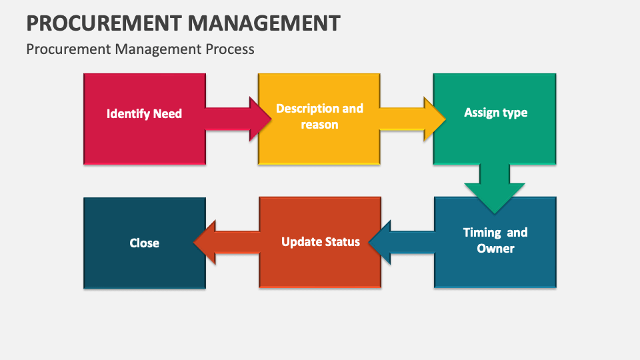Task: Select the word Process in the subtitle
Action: click(x=230, y=49)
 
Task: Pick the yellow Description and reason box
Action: click(x=319, y=143)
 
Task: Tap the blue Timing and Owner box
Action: click(x=495, y=267)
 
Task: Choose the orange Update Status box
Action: click(x=320, y=267)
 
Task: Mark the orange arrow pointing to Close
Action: click(x=227, y=241)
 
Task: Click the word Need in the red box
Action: click(x=167, y=114)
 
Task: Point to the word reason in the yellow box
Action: click(x=319, y=125)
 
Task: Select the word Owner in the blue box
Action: click(x=495, y=249)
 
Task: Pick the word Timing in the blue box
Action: click(x=482, y=233)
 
